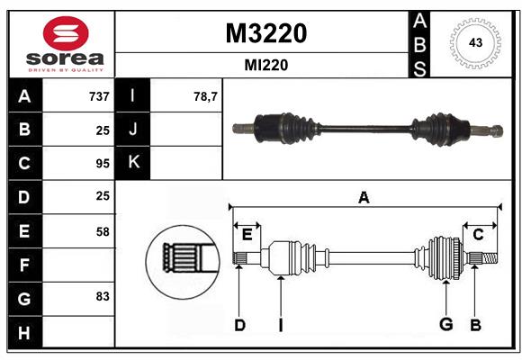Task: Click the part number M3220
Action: point(266,33)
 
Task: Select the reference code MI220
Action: point(266,65)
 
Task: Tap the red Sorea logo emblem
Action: point(66,33)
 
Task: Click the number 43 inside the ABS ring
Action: point(475,42)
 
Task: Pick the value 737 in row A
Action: point(99,96)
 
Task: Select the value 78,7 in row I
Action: point(205,96)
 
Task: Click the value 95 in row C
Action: point(103,164)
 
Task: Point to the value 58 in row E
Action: point(103,231)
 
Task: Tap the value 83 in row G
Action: point(103,296)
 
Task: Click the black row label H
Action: point(25,332)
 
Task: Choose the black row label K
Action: point(133,163)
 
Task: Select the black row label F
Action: point(25,265)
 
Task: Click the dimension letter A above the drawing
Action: point(364,198)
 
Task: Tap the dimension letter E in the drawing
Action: point(247,235)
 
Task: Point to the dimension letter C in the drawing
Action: point(478,235)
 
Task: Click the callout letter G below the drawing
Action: point(446,324)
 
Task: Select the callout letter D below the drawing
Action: point(240,325)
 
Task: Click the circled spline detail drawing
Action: point(183,262)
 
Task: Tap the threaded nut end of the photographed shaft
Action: point(497,130)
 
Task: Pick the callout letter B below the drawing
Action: point(475,325)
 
